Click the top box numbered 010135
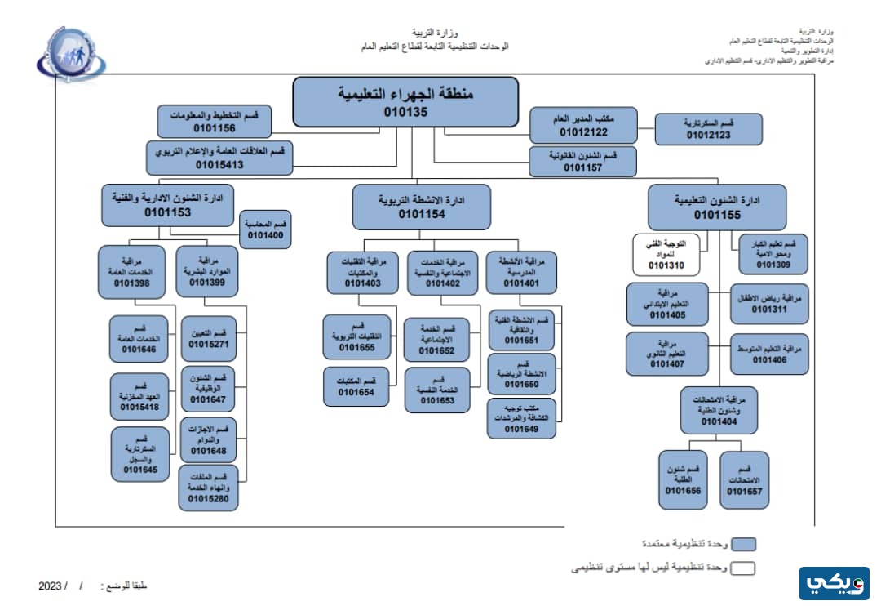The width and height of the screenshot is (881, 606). click(x=405, y=102)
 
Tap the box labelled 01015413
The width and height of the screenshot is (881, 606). click(x=219, y=158)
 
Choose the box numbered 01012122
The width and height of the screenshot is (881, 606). click(x=583, y=125)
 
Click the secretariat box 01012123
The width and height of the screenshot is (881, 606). click(x=708, y=129)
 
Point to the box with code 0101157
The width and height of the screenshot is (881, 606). click(x=582, y=161)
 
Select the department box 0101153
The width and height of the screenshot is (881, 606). click(x=167, y=205)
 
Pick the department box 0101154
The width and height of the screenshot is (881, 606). click(x=422, y=207)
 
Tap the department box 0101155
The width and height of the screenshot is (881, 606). click(x=717, y=207)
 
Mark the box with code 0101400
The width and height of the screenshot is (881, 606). click(x=265, y=229)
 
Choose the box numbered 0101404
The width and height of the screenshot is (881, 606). click(x=718, y=410)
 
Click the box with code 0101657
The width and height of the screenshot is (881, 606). click(x=744, y=480)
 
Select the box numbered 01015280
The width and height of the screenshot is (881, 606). click(x=210, y=488)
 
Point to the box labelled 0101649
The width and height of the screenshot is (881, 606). click(x=520, y=417)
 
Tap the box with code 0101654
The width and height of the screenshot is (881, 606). click(x=356, y=386)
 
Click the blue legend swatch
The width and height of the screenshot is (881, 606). click(x=742, y=544)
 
